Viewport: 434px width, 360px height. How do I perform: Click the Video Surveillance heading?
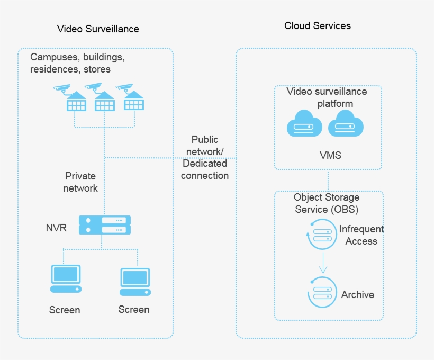98,29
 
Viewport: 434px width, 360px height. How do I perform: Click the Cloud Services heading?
318,25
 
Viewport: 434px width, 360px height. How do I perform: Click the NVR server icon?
104,224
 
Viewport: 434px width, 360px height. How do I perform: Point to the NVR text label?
56,229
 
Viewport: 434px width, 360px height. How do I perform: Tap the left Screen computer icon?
66,278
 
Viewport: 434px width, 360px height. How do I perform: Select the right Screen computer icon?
135,281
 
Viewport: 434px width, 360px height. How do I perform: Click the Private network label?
81,182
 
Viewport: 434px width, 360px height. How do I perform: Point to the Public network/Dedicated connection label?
204,157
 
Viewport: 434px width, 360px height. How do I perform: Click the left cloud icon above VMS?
304,124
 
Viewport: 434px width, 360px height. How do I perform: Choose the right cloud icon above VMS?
346,124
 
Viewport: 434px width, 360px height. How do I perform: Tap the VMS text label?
331,155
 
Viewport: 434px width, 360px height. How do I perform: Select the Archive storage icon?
321,292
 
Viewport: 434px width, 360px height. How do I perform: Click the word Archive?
358,294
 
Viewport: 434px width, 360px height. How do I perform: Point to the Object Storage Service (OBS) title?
327,203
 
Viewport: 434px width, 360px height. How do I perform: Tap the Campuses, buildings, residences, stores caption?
77,62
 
